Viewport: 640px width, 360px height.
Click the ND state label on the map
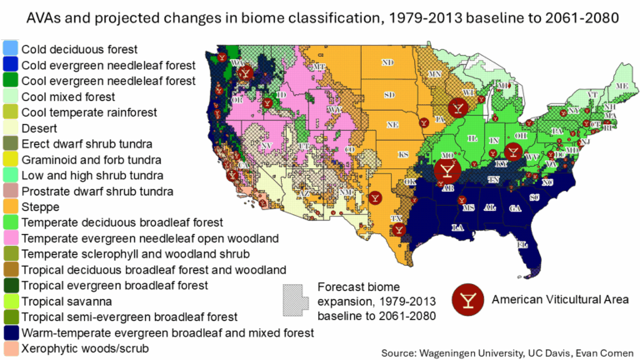pos(387,62)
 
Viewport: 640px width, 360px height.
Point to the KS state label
pos(402,155)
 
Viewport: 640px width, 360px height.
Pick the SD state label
pos(388,94)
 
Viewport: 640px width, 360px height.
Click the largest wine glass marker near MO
pos(447,170)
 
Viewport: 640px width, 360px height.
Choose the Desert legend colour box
pos(10,127)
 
